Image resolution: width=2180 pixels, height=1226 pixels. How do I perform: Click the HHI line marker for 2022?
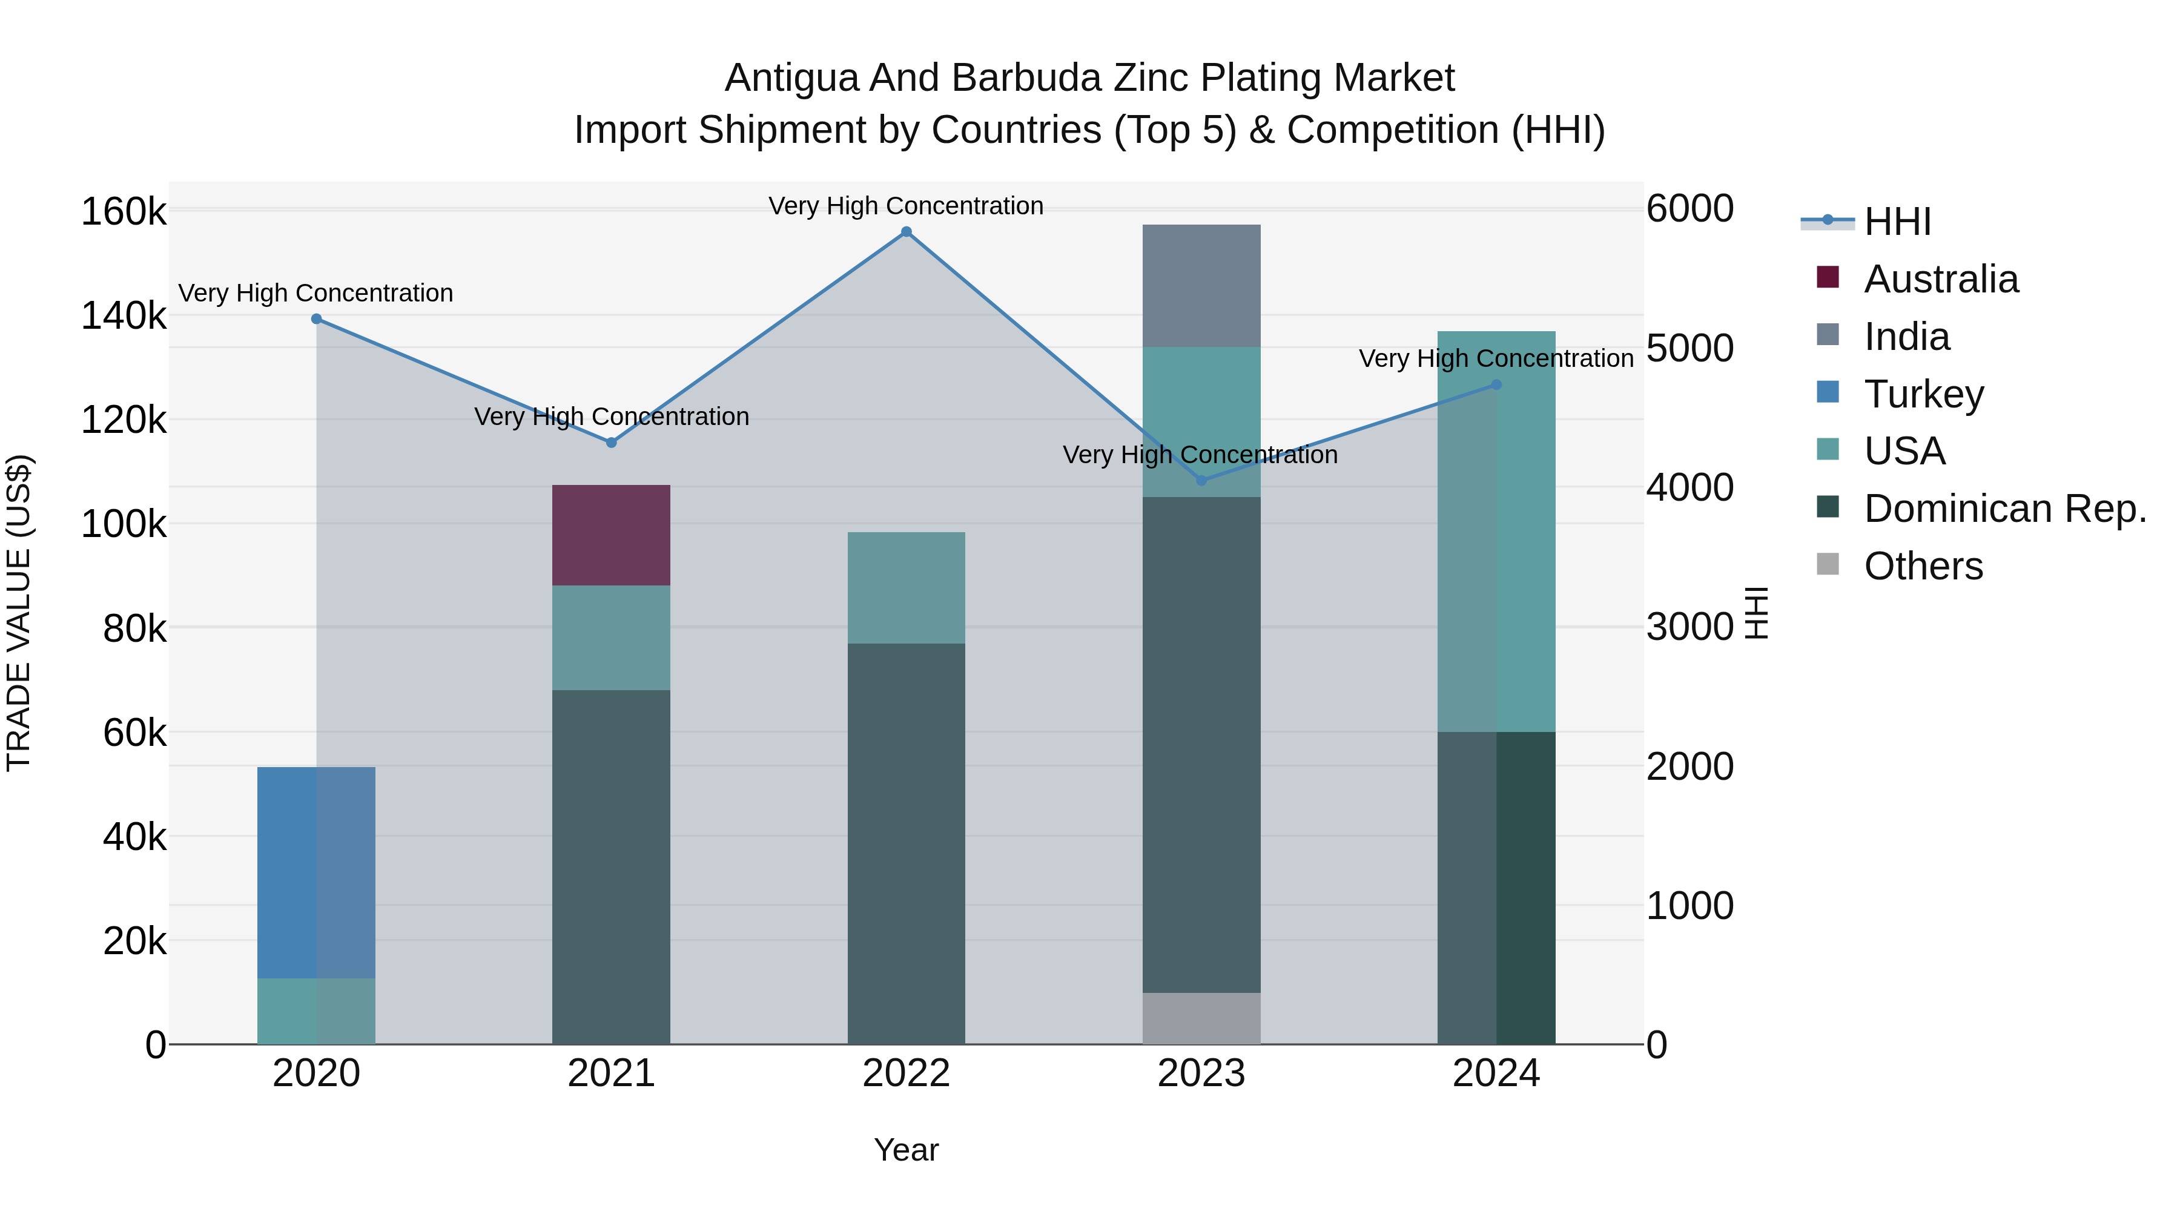click(x=907, y=232)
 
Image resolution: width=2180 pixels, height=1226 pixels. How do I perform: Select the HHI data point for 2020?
click(x=317, y=319)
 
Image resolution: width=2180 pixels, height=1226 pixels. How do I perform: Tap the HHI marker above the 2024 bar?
click(x=1496, y=385)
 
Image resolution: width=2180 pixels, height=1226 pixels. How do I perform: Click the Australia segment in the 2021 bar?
click(x=611, y=535)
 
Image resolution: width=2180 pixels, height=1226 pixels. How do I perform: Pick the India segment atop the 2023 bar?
click(x=1201, y=285)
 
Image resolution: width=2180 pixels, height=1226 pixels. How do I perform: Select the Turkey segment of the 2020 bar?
click(x=317, y=871)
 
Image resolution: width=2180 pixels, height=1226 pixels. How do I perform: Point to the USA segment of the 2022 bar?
click(x=907, y=587)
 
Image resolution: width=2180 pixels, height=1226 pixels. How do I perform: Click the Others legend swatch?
click(x=1828, y=564)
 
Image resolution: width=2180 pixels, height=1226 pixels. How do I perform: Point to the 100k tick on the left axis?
click(x=124, y=524)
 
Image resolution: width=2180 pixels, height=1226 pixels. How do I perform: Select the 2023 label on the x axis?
click(x=1201, y=1073)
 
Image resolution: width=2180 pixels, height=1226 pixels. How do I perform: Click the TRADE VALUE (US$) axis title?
click(x=19, y=613)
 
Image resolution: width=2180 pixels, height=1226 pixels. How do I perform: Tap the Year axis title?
click(x=907, y=1150)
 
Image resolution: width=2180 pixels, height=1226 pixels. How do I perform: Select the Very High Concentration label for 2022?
click(x=907, y=206)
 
